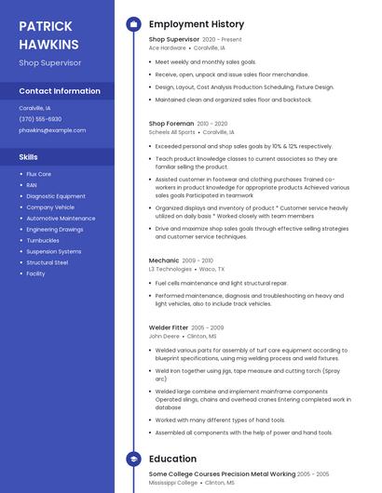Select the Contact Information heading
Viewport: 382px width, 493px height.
pyautogui.click(x=60, y=91)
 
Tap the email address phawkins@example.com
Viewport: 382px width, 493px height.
pyautogui.click(x=46, y=130)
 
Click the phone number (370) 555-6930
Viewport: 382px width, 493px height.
pyautogui.click(x=40, y=119)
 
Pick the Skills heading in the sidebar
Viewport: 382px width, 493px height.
pyautogui.click(x=29, y=157)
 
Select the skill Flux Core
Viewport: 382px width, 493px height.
pyautogui.click(x=39, y=174)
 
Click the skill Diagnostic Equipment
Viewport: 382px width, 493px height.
pyautogui.click(x=56, y=196)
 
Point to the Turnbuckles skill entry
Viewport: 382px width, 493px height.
pyautogui.click(x=43, y=240)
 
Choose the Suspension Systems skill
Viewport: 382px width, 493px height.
pyautogui.click(x=54, y=251)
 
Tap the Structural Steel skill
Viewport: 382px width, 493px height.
pyautogui.click(x=48, y=262)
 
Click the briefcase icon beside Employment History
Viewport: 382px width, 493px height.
pyautogui.click(x=133, y=24)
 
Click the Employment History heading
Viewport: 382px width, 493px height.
pyautogui.click(x=196, y=24)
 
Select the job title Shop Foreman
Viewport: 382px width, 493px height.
pyautogui.click(x=171, y=124)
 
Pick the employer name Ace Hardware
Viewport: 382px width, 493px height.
pyautogui.click(x=168, y=47)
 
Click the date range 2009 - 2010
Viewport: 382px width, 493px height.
pyautogui.click(x=198, y=260)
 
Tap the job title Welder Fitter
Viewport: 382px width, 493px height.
pyautogui.click(x=169, y=327)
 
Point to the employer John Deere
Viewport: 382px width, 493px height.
pyautogui.click(x=164, y=336)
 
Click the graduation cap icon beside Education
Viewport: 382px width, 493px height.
pyautogui.click(x=133, y=459)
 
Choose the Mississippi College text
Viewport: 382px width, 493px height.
pyautogui.click(x=173, y=483)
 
